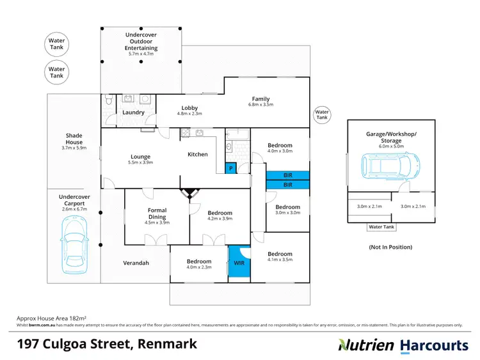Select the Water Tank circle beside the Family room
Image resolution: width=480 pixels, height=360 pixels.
[x=321, y=114]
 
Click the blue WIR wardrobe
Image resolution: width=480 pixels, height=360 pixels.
[x=239, y=262]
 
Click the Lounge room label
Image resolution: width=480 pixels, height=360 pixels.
[x=140, y=157]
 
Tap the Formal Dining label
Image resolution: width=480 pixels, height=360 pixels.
[x=157, y=214]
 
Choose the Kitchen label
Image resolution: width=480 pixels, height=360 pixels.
[x=197, y=154]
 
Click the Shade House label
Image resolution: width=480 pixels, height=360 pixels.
[x=74, y=139]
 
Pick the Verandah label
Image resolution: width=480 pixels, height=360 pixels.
[x=136, y=263]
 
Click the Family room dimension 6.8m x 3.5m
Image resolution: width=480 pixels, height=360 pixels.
[x=260, y=104]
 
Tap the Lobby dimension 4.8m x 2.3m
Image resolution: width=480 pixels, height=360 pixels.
[x=189, y=114]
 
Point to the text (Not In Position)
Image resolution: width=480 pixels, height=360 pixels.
[x=390, y=247]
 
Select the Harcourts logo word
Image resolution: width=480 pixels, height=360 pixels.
[x=434, y=345]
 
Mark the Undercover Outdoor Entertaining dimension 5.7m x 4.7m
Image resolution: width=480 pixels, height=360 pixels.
[x=141, y=54]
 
